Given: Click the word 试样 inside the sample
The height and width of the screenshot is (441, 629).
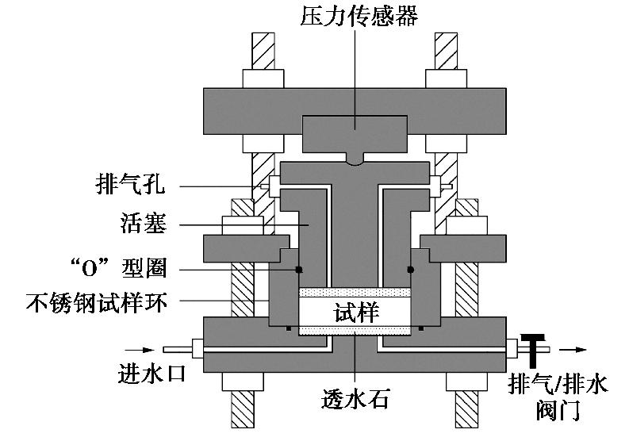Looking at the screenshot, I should (x=355, y=312).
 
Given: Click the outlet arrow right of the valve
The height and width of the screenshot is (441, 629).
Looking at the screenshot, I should (x=575, y=348).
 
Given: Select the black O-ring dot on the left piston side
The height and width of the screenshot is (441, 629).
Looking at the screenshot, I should (x=299, y=269).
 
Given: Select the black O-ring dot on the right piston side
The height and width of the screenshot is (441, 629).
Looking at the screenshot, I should (x=412, y=269).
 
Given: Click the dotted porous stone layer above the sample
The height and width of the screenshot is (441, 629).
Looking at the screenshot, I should (x=355, y=292).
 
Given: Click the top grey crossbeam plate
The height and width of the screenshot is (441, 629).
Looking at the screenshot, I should (x=238, y=112).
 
